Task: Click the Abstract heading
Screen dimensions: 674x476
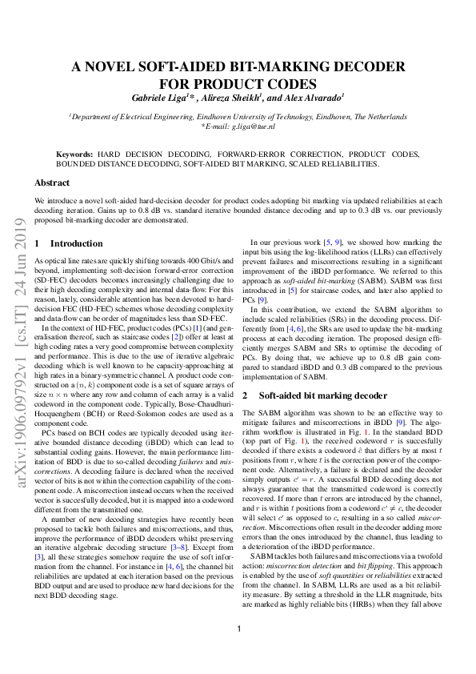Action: point(52,183)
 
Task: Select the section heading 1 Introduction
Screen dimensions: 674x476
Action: point(69,243)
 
